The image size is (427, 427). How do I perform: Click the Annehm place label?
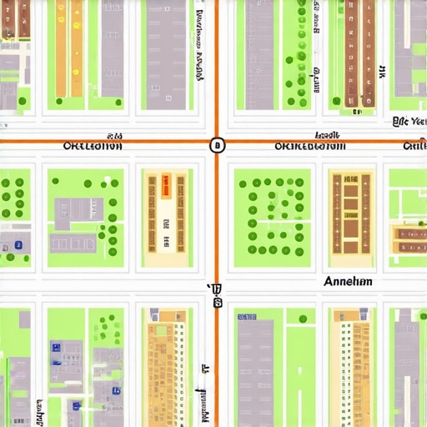(x=347, y=282)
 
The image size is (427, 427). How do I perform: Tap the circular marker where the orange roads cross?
(x=217, y=145)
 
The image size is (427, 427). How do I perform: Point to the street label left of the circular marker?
(x=93, y=146)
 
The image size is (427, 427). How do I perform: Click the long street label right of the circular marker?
(x=310, y=147)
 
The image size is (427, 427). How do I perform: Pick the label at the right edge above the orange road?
(x=409, y=122)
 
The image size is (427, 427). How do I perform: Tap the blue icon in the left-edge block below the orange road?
(x=18, y=245)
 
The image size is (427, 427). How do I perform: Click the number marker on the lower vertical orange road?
(x=217, y=296)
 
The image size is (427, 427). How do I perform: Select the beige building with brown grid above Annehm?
(x=350, y=212)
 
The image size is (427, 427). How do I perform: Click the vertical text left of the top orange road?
(x=199, y=46)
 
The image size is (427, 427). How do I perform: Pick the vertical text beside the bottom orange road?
(x=202, y=392)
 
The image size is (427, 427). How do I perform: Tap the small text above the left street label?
(x=115, y=135)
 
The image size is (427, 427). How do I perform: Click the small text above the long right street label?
(x=326, y=135)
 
